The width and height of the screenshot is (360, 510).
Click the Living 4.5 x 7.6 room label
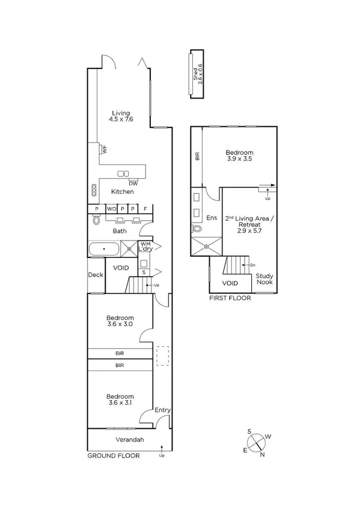click(x=120, y=116)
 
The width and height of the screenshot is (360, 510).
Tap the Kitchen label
click(x=122, y=192)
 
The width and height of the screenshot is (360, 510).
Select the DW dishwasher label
click(x=133, y=183)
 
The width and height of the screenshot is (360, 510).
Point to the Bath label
click(x=120, y=230)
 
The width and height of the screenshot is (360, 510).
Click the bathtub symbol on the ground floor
click(x=104, y=248)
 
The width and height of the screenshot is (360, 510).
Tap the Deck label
click(x=96, y=275)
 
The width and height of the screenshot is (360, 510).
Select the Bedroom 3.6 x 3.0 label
click(x=120, y=321)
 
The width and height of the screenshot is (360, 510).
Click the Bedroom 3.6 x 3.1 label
click(x=120, y=399)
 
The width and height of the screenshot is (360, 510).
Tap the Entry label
click(x=162, y=410)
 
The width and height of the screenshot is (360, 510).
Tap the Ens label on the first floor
click(x=211, y=217)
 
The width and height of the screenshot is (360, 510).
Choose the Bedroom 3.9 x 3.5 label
click(x=239, y=156)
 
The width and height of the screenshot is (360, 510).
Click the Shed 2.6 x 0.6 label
click(x=198, y=74)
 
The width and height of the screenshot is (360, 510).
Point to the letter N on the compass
click(x=263, y=454)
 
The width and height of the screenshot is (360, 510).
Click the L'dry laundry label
click(x=145, y=248)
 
